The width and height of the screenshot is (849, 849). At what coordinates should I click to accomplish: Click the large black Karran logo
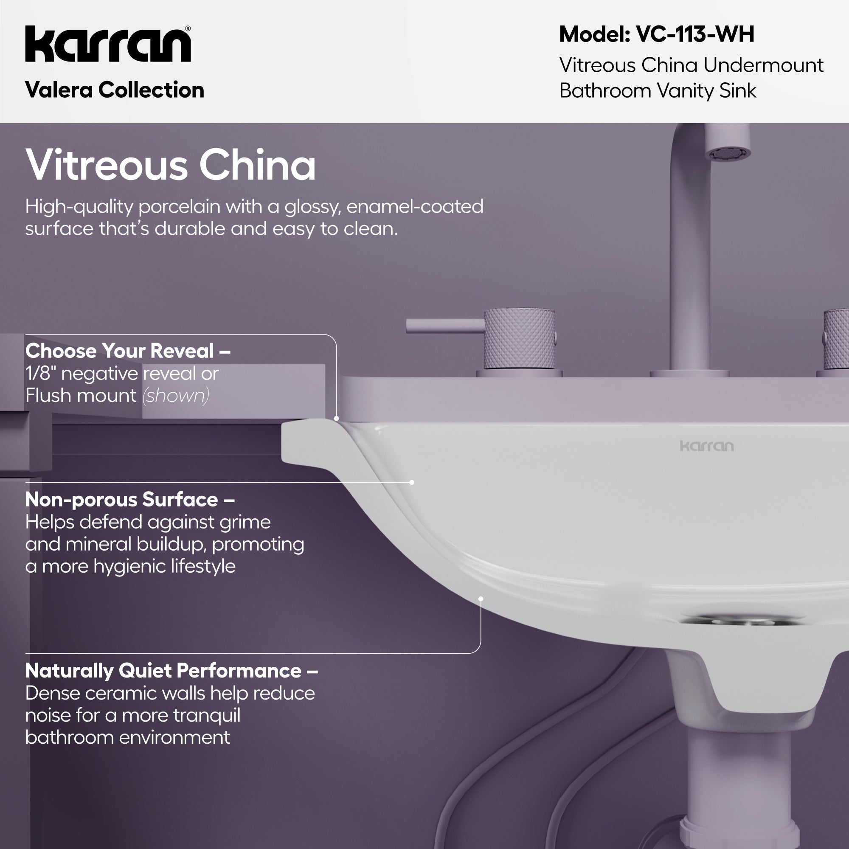108,44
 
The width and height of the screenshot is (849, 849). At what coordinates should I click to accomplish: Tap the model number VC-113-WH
695,34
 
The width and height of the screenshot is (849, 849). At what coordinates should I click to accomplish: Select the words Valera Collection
115,90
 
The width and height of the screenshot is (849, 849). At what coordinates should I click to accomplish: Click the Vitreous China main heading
171,165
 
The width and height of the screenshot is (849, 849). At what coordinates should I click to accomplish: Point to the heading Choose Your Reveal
127,351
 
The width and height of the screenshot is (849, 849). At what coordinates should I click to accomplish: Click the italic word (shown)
176,396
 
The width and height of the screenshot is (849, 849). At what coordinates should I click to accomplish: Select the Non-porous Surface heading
129,500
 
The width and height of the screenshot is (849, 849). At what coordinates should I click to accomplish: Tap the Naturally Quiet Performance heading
171,671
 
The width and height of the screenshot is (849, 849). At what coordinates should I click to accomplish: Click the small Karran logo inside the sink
707,447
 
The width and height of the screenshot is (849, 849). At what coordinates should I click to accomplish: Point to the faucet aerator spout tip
728,154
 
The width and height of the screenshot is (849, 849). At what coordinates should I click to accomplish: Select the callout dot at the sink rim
337,419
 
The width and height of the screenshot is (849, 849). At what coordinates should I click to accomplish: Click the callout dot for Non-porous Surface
412,483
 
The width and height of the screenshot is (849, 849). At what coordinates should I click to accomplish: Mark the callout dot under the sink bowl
481,599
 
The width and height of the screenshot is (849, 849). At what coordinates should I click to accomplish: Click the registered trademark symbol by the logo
188,29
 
